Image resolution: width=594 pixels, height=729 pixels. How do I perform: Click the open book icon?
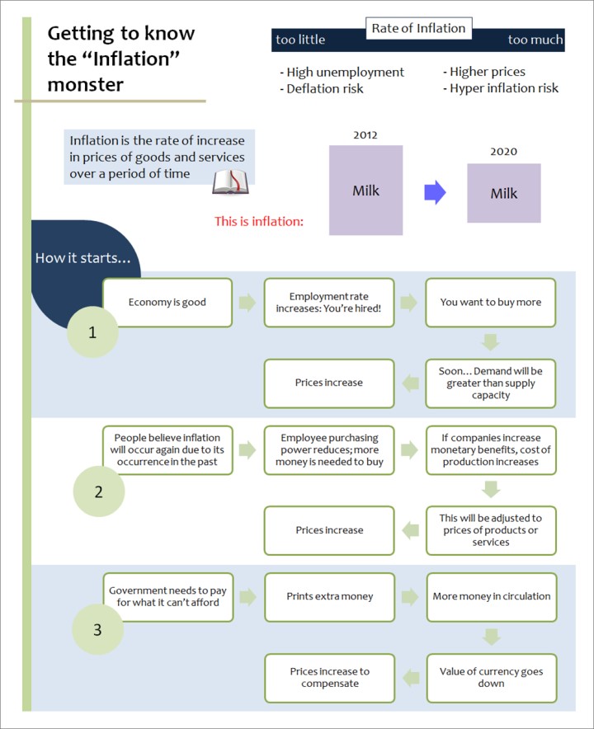click(x=230, y=181)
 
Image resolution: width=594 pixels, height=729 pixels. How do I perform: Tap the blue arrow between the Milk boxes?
click(x=435, y=192)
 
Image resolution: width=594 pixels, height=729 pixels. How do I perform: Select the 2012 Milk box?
click(x=365, y=190)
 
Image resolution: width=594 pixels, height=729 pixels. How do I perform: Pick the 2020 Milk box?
click(x=504, y=193)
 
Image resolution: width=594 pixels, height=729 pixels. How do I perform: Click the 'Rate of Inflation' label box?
click(x=418, y=28)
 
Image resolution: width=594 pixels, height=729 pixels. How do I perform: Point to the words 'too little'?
click(x=300, y=40)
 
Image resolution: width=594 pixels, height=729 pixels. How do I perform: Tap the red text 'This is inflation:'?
click(x=258, y=221)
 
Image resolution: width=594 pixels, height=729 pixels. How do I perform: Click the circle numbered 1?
click(x=92, y=332)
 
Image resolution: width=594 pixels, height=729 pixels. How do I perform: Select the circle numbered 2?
click(x=99, y=491)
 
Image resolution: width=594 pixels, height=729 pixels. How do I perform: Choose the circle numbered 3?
click(x=97, y=629)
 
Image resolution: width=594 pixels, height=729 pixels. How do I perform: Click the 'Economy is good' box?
click(x=167, y=302)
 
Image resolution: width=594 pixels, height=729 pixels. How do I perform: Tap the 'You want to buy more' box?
click(x=491, y=302)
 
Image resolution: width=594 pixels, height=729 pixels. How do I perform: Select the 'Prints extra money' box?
click(x=330, y=597)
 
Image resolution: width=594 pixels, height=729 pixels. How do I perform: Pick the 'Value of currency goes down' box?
click(x=492, y=678)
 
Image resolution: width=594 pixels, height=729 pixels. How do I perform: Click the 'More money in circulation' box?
click(x=492, y=597)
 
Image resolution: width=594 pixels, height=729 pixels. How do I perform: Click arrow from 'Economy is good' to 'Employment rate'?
click(x=247, y=302)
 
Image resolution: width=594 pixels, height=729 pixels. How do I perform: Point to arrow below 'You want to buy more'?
click(x=491, y=342)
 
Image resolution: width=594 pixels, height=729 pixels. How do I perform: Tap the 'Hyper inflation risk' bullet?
click(x=501, y=88)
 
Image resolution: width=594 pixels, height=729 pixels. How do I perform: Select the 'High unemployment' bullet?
click(x=342, y=72)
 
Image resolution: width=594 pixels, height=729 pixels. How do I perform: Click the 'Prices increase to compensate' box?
click(x=330, y=678)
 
